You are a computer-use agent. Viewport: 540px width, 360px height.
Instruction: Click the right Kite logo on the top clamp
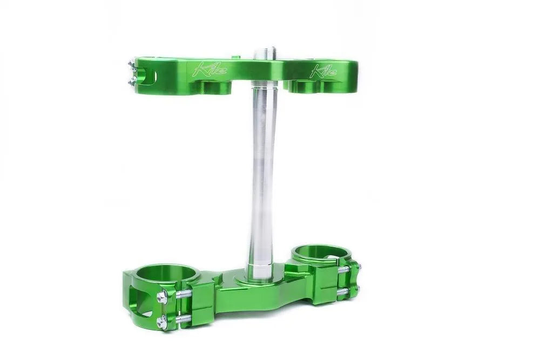pyautogui.click(x=322, y=71)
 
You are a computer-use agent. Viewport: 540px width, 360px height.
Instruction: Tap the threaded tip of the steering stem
pyautogui.click(x=265, y=53)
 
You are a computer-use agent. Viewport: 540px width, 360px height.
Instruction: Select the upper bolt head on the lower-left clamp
pyautogui.click(x=162, y=297)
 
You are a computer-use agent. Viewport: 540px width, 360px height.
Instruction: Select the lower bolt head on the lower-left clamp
pyautogui.click(x=161, y=323)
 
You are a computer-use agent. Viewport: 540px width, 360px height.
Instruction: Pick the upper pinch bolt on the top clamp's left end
pyautogui.click(x=131, y=66)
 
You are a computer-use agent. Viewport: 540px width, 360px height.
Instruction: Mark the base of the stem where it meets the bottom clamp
pyautogui.click(x=262, y=278)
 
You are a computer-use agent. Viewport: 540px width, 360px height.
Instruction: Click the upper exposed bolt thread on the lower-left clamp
pyautogui.click(x=182, y=294)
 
